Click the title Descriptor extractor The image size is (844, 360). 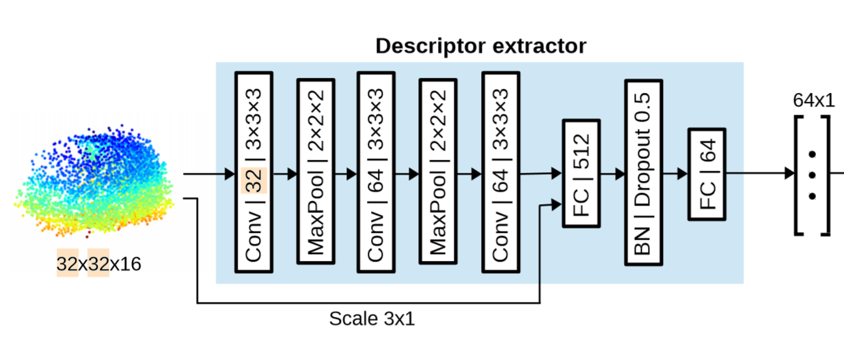click(x=480, y=46)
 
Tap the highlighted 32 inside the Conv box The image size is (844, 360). click(x=254, y=181)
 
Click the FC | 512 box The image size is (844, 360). click(x=581, y=174)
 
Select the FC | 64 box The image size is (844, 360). click(x=707, y=174)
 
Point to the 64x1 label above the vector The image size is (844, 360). click(x=813, y=100)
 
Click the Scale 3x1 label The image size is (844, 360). click(x=372, y=319)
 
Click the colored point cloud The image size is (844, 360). click(x=96, y=181)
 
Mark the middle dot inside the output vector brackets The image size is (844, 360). click(x=812, y=174)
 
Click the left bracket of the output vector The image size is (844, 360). click(x=799, y=175)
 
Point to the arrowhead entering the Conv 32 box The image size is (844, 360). click(x=229, y=174)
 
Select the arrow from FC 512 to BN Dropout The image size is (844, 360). click(x=612, y=174)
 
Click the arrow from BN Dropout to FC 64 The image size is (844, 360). click(x=676, y=174)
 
